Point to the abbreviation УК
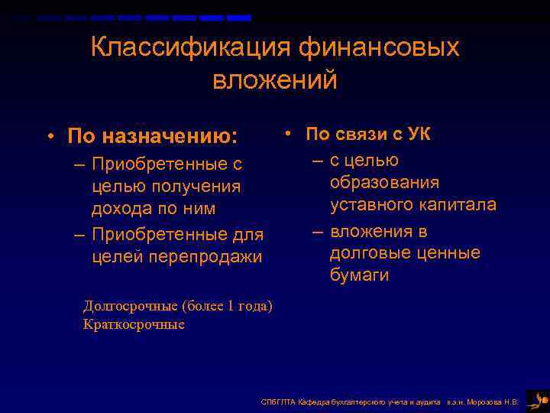tap(418, 135)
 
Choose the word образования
tap(384, 183)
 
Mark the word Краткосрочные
tap(134, 324)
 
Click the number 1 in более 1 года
tap(230, 307)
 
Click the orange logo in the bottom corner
tap(537, 400)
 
